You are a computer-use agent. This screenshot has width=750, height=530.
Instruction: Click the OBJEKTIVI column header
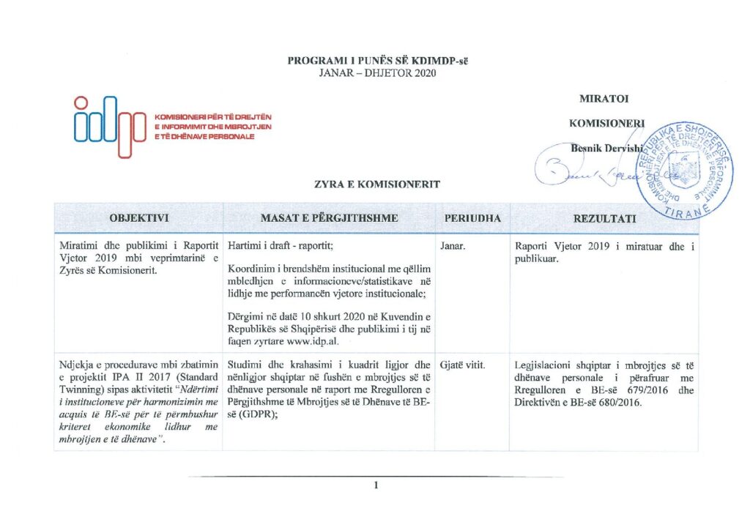(x=139, y=218)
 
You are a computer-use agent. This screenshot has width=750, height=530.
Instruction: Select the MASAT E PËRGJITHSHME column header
(x=329, y=218)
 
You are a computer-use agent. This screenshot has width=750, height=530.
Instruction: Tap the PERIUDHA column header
(x=472, y=218)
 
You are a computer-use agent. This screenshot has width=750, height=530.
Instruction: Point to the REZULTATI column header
(x=604, y=219)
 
